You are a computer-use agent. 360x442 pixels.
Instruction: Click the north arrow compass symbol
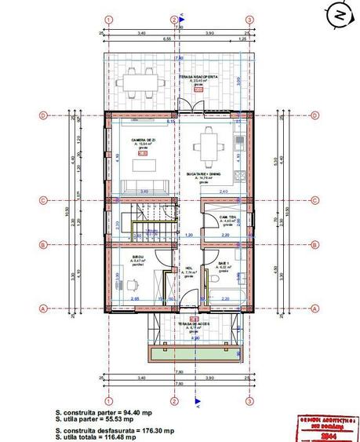(x=339, y=15)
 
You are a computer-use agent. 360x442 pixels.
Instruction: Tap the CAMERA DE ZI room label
(x=144, y=140)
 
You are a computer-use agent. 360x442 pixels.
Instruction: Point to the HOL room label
(x=189, y=268)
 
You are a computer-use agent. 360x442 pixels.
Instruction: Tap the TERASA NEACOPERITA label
(x=196, y=77)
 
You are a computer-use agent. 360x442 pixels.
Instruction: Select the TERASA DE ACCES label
(x=191, y=324)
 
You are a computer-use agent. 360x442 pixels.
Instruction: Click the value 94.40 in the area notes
(x=136, y=411)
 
